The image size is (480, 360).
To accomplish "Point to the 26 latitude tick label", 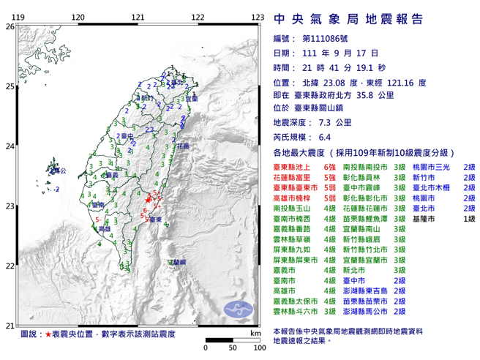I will pyautogui.click(x=10, y=26).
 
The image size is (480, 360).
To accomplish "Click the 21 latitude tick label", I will pyautogui.click(x=10, y=326).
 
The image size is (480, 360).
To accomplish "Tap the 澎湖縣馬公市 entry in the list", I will pyautogui.click(x=363, y=311).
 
